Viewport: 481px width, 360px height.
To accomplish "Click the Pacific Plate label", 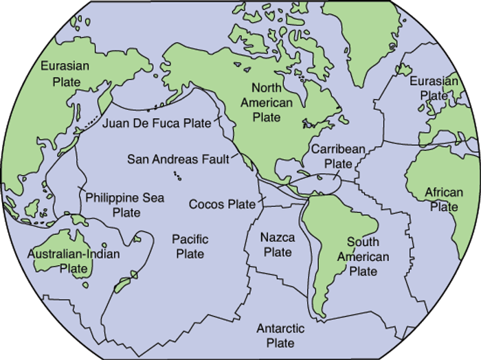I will (190, 247).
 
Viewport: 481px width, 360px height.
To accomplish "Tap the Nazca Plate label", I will (278, 245).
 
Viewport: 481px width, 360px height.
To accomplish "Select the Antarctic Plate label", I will (280, 336).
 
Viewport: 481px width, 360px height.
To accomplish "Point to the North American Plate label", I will (271, 102).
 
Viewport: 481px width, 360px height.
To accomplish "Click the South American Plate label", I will (363, 256).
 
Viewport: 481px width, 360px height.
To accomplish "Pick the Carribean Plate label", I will (337, 156).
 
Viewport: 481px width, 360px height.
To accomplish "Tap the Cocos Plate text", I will (221, 204).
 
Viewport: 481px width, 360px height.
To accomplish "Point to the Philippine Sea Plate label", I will (125, 205).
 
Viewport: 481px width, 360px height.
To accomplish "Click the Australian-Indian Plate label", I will (74, 260).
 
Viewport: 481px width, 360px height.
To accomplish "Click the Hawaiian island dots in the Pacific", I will (177, 176).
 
